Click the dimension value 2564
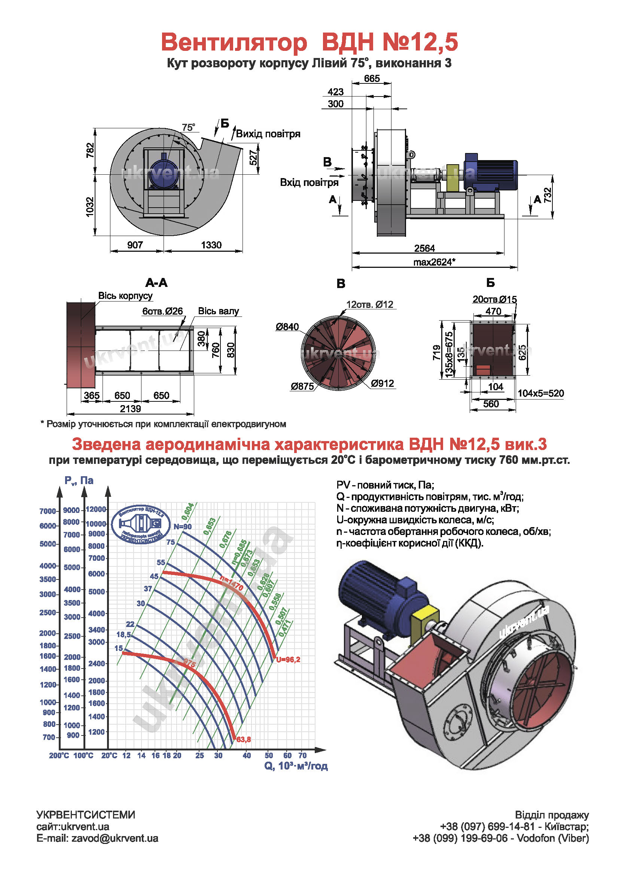tap(424, 248)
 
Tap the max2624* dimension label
tap(434, 262)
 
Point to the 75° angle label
tap(188, 127)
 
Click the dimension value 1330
tap(211, 245)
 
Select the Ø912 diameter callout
tap(382, 383)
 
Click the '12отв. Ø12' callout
tap(369, 305)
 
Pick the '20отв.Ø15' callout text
tap(494, 300)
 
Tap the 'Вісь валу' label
tap(219, 311)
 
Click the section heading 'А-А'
tap(156, 283)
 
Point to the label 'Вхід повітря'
tap(309, 183)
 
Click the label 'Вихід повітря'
tap(268, 134)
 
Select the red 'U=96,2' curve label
tap(288, 660)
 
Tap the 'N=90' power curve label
tap(183, 527)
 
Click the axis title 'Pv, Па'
tap(79, 481)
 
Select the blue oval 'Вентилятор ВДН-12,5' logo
tap(141, 524)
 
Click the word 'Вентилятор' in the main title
tap(234, 42)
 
